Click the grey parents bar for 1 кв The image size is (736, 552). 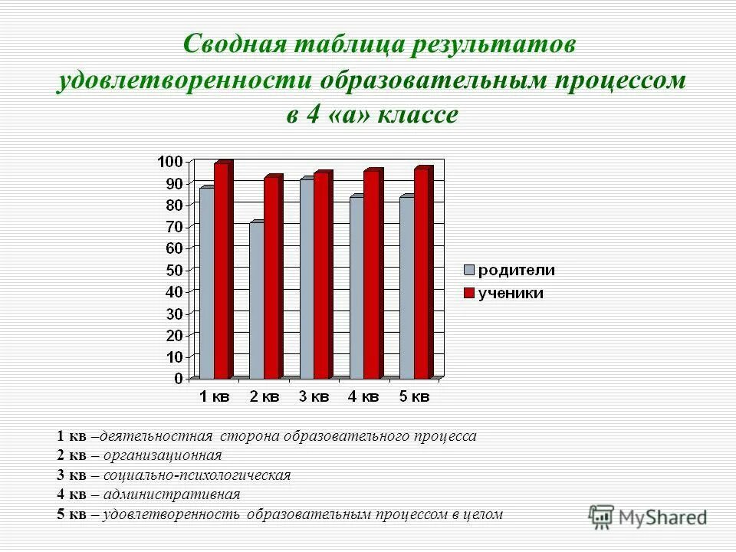click(206, 284)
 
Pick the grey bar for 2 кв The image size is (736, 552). click(256, 301)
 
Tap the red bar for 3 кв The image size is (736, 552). click(322, 276)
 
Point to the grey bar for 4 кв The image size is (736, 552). click(356, 287)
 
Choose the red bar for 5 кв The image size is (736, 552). click(422, 274)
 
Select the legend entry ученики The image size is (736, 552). click(511, 293)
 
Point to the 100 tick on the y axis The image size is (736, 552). click(169, 161)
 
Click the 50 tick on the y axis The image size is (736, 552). click(173, 270)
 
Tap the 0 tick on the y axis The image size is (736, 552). click(178, 379)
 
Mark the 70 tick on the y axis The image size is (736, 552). click(173, 226)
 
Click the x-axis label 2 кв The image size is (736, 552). click(264, 396)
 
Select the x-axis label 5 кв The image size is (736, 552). click(414, 396)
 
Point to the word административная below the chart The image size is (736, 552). click(170, 495)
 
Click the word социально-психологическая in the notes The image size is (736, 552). click(195, 475)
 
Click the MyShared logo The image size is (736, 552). click(648, 517)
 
